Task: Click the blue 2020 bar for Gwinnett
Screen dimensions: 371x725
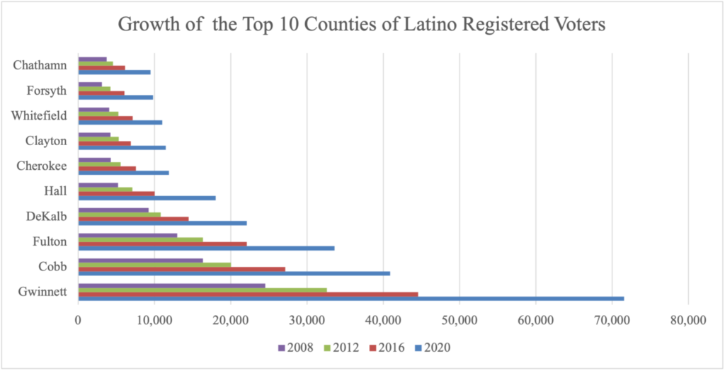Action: pos(350,298)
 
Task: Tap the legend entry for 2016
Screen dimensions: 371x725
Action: pos(389,348)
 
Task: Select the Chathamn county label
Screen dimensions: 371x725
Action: pos(40,66)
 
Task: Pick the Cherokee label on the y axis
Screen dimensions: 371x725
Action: pos(41,166)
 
